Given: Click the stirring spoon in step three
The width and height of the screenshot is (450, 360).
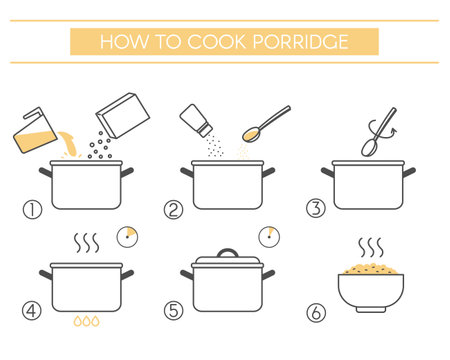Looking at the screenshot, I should [373, 132].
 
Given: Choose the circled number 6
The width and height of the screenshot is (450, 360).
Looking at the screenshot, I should [316, 312].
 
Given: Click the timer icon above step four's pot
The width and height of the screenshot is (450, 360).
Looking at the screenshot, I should [126, 236].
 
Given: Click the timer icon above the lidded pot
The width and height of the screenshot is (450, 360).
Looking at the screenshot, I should [268, 236].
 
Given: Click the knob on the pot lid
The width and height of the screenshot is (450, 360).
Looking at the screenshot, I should [230, 253].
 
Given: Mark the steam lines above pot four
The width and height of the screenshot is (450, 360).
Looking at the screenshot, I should [88, 244].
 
